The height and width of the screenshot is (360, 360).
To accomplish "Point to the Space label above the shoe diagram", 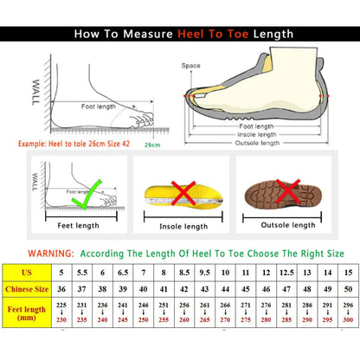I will [x=190, y=65].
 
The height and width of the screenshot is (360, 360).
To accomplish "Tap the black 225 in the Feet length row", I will [x=62, y=305].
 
